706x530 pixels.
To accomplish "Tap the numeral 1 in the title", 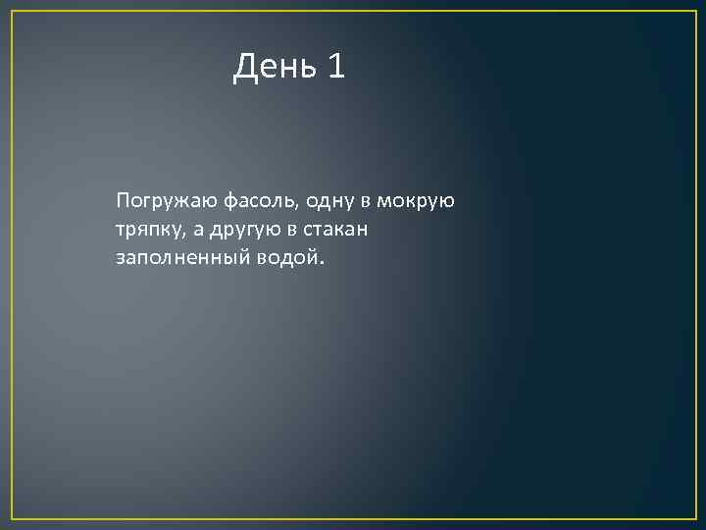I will (336, 67).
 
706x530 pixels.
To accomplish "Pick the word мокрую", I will (417, 202).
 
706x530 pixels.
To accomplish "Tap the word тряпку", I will (146, 230).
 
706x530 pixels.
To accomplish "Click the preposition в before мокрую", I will (366, 202).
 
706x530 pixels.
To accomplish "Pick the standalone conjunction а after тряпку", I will (197, 230).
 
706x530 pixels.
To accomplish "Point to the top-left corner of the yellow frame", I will (12, 12).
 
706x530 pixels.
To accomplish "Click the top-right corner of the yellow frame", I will (694, 12).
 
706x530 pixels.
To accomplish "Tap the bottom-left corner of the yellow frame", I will (12, 517).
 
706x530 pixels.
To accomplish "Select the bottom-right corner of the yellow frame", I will (694, 517).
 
